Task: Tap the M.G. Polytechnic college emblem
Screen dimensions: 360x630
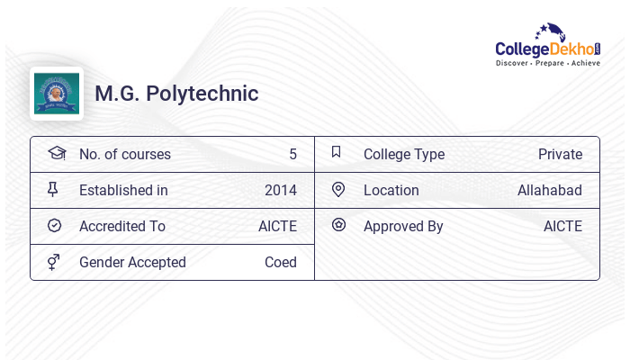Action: pyautogui.click(x=57, y=94)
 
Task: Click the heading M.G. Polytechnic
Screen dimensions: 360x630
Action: pyautogui.click(x=176, y=94)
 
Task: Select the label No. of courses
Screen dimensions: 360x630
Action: pyautogui.click(x=125, y=154)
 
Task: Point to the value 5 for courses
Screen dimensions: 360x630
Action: pyautogui.click(x=292, y=154)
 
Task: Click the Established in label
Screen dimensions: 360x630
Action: pyautogui.click(x=123, y=190)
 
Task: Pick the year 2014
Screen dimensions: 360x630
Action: pyautogui.click(x=281, y=190)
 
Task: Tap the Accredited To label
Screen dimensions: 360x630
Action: pyautogui.click(x=122, y=226)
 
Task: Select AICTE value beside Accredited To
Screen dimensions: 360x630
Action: pyautogui.click(x=277, y=226)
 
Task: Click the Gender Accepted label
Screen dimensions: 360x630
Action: pyautogui.click(x=132, y=262)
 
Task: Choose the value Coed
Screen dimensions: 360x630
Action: pyautogui.click(x=281, y=262)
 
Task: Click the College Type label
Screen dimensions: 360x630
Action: pyautogui.click(x=404, y=154)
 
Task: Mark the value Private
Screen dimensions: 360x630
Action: pyautogui.click(x=560, y=154)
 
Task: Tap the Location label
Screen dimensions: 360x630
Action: pyautogui.click(x=391, y=190)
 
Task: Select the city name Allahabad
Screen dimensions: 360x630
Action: pyautogui.click(x=550, y=190)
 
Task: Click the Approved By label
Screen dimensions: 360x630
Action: pyautogui.click(x=403, y=226)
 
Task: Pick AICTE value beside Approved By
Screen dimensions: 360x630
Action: pyautogui.click(x=562, y=226)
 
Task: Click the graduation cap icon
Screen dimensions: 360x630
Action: pyautogui.click(x=56, y=153)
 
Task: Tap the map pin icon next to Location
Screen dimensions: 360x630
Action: pyautogui.click(x=338, y=189)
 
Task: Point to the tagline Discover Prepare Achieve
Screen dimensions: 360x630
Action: pyautogui.click(x=547, y=64)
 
